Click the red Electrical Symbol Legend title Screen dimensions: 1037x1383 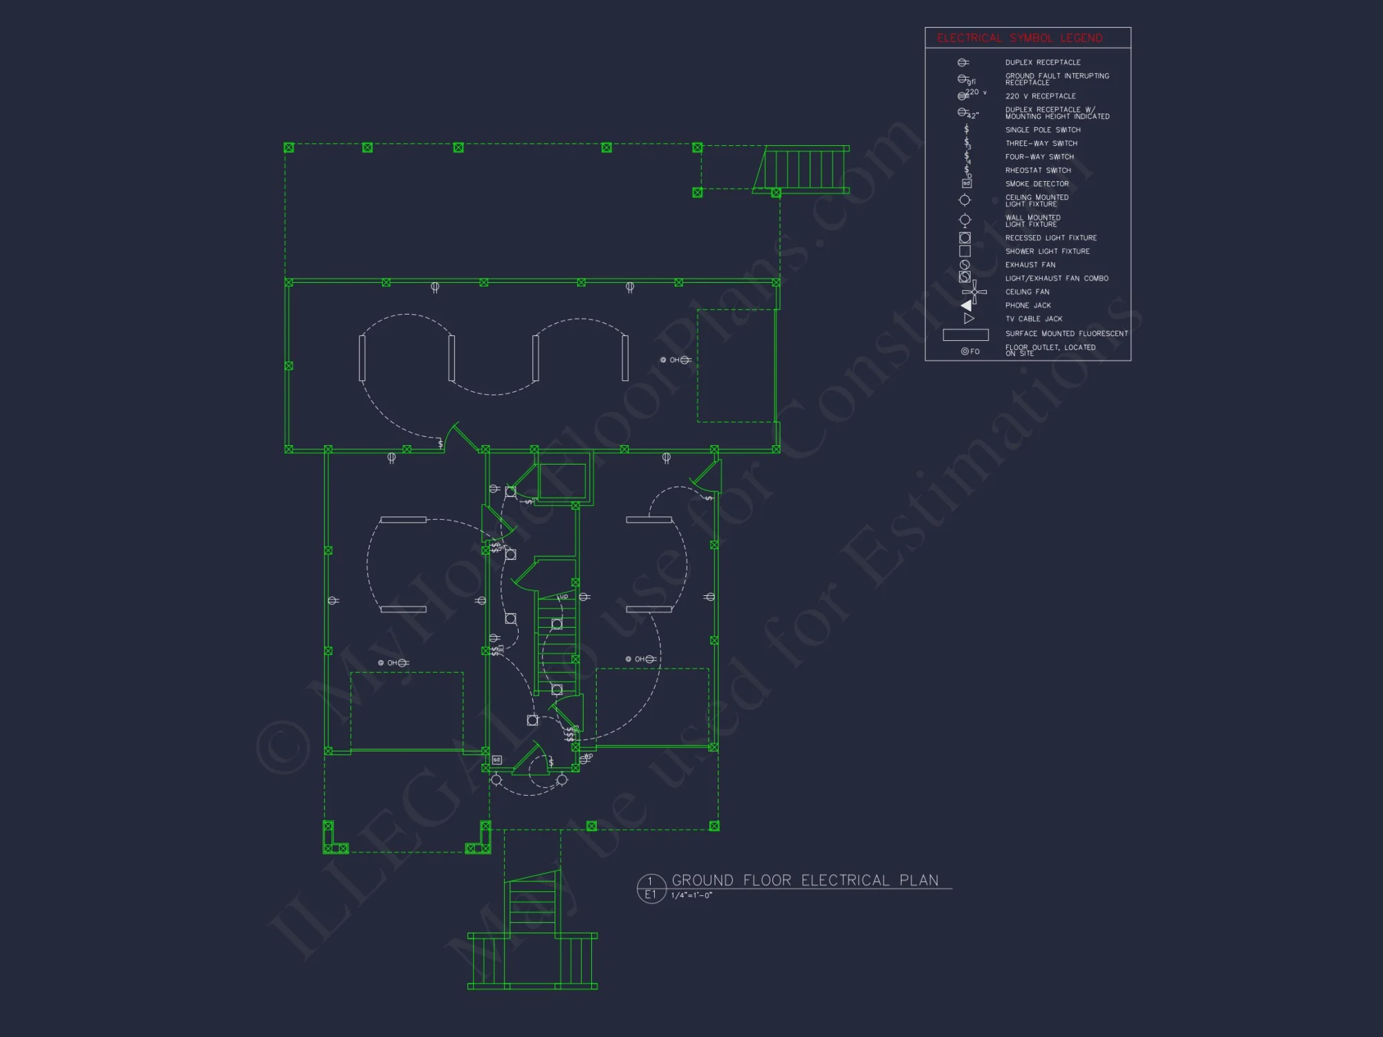1019,38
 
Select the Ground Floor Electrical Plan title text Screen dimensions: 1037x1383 805,880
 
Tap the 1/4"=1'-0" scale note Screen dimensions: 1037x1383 691,895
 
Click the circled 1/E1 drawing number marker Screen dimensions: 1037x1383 651,888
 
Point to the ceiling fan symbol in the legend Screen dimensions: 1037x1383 974,292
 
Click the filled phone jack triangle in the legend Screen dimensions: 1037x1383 967,305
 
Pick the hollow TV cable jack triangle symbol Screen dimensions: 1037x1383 969,319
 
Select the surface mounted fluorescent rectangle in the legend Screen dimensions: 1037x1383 965,335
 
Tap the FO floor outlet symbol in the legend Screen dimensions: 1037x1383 969,351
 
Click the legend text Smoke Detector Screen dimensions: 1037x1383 1037,184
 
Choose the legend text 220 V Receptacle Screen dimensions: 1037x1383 1040,96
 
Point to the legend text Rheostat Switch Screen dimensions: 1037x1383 1038,170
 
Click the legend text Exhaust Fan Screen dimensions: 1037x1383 1030,265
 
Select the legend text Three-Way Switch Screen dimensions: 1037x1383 1041,143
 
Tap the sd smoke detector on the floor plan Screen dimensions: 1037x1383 496,760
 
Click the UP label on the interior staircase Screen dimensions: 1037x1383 564,597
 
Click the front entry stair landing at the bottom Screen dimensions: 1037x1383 532,961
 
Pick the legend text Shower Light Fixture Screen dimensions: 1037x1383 1047,251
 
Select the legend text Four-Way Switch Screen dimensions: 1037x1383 1039,157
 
